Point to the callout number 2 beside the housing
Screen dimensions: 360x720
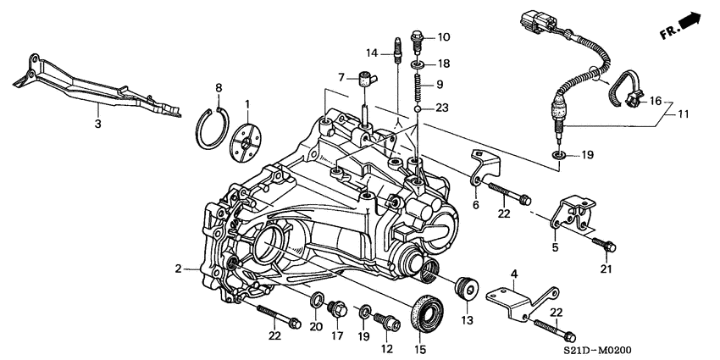(x=179, y=269)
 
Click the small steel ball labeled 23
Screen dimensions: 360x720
(x=419, y=108)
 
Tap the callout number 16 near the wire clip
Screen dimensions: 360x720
(x=654, y=100)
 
